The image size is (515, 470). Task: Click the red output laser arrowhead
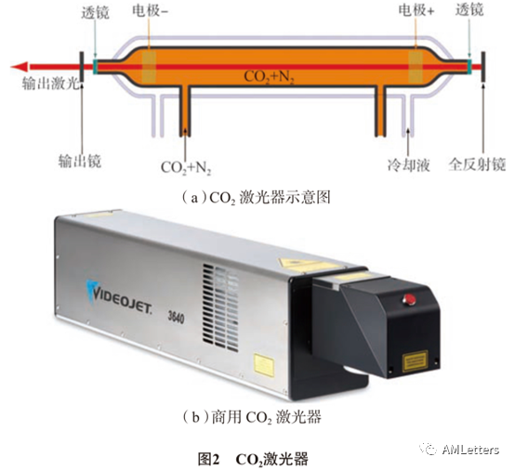coord(19,67)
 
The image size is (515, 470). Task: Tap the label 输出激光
coord(50,84)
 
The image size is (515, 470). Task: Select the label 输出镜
coord(80,162)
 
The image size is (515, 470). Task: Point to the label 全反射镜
coord(477,164)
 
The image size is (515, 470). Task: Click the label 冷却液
coord(409,164)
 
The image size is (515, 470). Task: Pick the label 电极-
coord(150,10)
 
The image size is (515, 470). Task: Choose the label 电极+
coord(416,10)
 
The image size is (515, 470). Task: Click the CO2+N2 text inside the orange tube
coord(269,77)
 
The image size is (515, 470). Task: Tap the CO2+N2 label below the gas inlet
coord(186,168)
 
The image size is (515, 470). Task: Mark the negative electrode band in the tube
coord(149,67)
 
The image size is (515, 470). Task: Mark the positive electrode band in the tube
coord(416,67)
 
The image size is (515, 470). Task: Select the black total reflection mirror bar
coord(483,67)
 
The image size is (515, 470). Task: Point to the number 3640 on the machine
coord(176,317)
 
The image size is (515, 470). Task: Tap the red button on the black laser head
coord(409,299)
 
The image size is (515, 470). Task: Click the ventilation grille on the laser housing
coord(220,307)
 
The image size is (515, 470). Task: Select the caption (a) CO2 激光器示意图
coord(256,198)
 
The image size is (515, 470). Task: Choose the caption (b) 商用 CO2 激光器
coord(252,417)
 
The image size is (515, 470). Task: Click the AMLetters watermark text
coord(470,450)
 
